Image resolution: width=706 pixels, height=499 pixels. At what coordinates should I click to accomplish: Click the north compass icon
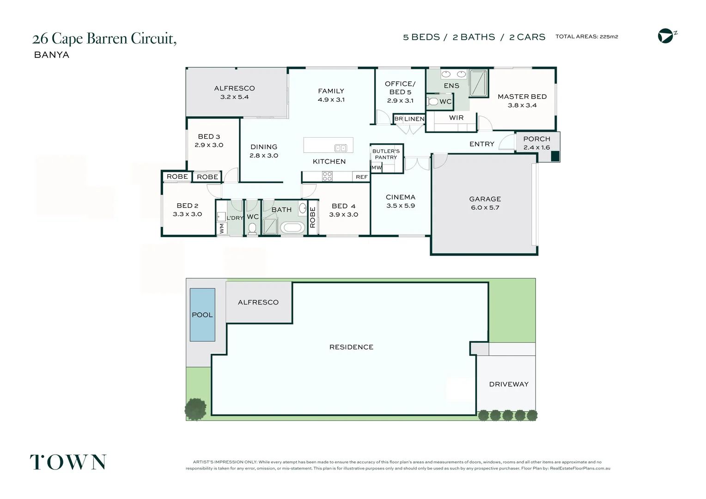[666, 36]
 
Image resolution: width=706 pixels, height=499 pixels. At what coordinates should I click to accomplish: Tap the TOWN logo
[68, 462]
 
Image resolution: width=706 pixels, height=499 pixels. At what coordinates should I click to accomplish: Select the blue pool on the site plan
[202, 315]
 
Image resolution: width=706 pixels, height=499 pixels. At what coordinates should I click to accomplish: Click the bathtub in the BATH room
[292, 228]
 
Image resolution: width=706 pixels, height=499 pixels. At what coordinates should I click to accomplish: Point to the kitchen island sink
[341, 148]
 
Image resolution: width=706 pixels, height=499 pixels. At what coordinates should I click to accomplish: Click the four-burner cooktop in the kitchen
[327, 176]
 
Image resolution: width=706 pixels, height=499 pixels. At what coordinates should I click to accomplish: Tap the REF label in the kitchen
[361, 177]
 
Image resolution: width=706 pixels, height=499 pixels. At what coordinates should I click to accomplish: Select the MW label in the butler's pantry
[377, 168]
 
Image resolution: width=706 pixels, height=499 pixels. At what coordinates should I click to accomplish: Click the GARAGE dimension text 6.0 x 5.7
[485, 207]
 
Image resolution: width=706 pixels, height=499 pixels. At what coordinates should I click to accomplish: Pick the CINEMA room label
[401, 197]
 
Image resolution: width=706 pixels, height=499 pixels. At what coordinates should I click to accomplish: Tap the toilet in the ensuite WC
[432, 102]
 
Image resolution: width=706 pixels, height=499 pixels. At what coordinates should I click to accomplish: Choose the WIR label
[456, 118]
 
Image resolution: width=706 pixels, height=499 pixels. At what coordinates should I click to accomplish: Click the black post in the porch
[555, 156]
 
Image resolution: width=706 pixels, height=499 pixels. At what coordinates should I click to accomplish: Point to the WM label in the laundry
[221, 228]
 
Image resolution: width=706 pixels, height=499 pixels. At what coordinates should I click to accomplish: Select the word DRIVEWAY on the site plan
[509, 384]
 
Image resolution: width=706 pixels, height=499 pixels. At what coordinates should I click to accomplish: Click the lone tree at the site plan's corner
[195, 409]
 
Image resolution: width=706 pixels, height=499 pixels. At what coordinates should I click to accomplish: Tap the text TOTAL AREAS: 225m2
[586, 37]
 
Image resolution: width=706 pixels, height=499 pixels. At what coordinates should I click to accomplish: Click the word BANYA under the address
[52, 55]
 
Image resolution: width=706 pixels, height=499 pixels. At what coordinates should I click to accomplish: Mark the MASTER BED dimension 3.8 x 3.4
[522, 105]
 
